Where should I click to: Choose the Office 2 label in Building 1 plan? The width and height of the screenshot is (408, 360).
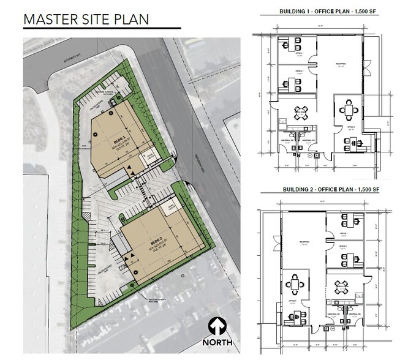click(300, 72)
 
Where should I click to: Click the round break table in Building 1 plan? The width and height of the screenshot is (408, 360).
click(301, 112)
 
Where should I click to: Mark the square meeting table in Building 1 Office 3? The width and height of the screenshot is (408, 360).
click(350, 110)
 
